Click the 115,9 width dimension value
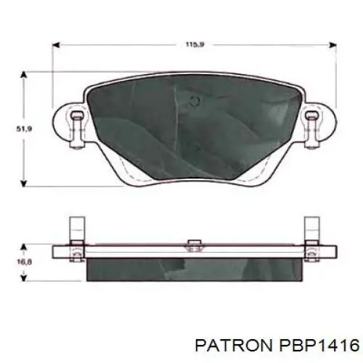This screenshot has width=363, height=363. coord(195,44)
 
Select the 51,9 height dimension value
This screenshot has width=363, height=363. coord(24,129)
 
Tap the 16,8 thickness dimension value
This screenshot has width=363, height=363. coord(24,262)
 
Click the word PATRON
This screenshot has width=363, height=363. coord(234,345)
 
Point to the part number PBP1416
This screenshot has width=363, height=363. coord(319,345)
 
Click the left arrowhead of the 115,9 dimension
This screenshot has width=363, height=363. coord(56,45)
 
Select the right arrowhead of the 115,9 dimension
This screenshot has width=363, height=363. coord(333,45)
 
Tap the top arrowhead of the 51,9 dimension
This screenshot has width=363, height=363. coord(23,75)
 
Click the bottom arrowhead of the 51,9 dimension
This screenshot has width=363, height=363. coord(23,183)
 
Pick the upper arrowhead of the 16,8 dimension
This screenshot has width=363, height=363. coord(23,248)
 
